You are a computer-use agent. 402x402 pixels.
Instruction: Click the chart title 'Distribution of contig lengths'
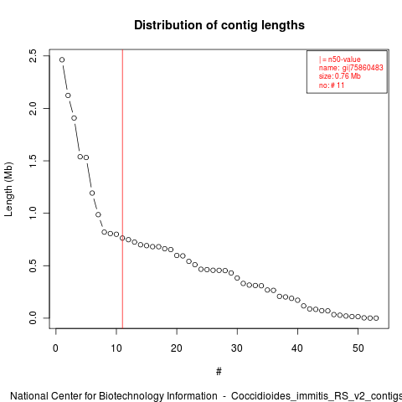pos(219,25)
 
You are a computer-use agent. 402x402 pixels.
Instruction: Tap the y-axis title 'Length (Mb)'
pos(8,189)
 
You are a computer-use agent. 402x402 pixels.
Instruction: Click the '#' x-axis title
pos(219,372)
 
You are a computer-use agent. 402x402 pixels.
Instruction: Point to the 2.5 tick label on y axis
pos(33,56)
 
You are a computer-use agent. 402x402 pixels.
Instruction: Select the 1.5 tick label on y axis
pos(33,161)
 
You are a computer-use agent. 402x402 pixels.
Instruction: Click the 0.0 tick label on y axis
pos(33,318)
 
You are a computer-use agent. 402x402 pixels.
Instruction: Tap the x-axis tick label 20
pos(177,348)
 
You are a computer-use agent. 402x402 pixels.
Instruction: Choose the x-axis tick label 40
pos(297,348)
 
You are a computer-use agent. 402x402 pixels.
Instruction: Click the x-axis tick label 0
pos(56,348)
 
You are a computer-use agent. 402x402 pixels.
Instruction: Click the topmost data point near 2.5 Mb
pos(62,59)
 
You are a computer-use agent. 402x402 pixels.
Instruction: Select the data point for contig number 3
pos(74,118)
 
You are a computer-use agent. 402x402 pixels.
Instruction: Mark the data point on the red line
pos(122,238)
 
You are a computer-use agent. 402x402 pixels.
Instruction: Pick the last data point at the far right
pos(376,318)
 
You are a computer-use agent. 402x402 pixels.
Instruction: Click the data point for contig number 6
pos(92,193)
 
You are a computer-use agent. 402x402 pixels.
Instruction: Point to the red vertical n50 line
pos(122,188)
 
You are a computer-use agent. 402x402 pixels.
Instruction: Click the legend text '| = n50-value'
pos(340,59)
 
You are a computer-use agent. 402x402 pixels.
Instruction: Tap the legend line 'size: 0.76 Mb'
pos(340,76)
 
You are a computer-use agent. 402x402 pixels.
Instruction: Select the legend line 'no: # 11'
pos(332,85)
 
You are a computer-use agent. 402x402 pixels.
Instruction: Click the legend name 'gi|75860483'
pos(363,68)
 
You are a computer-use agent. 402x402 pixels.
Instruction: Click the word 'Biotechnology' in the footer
pos(131,396)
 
